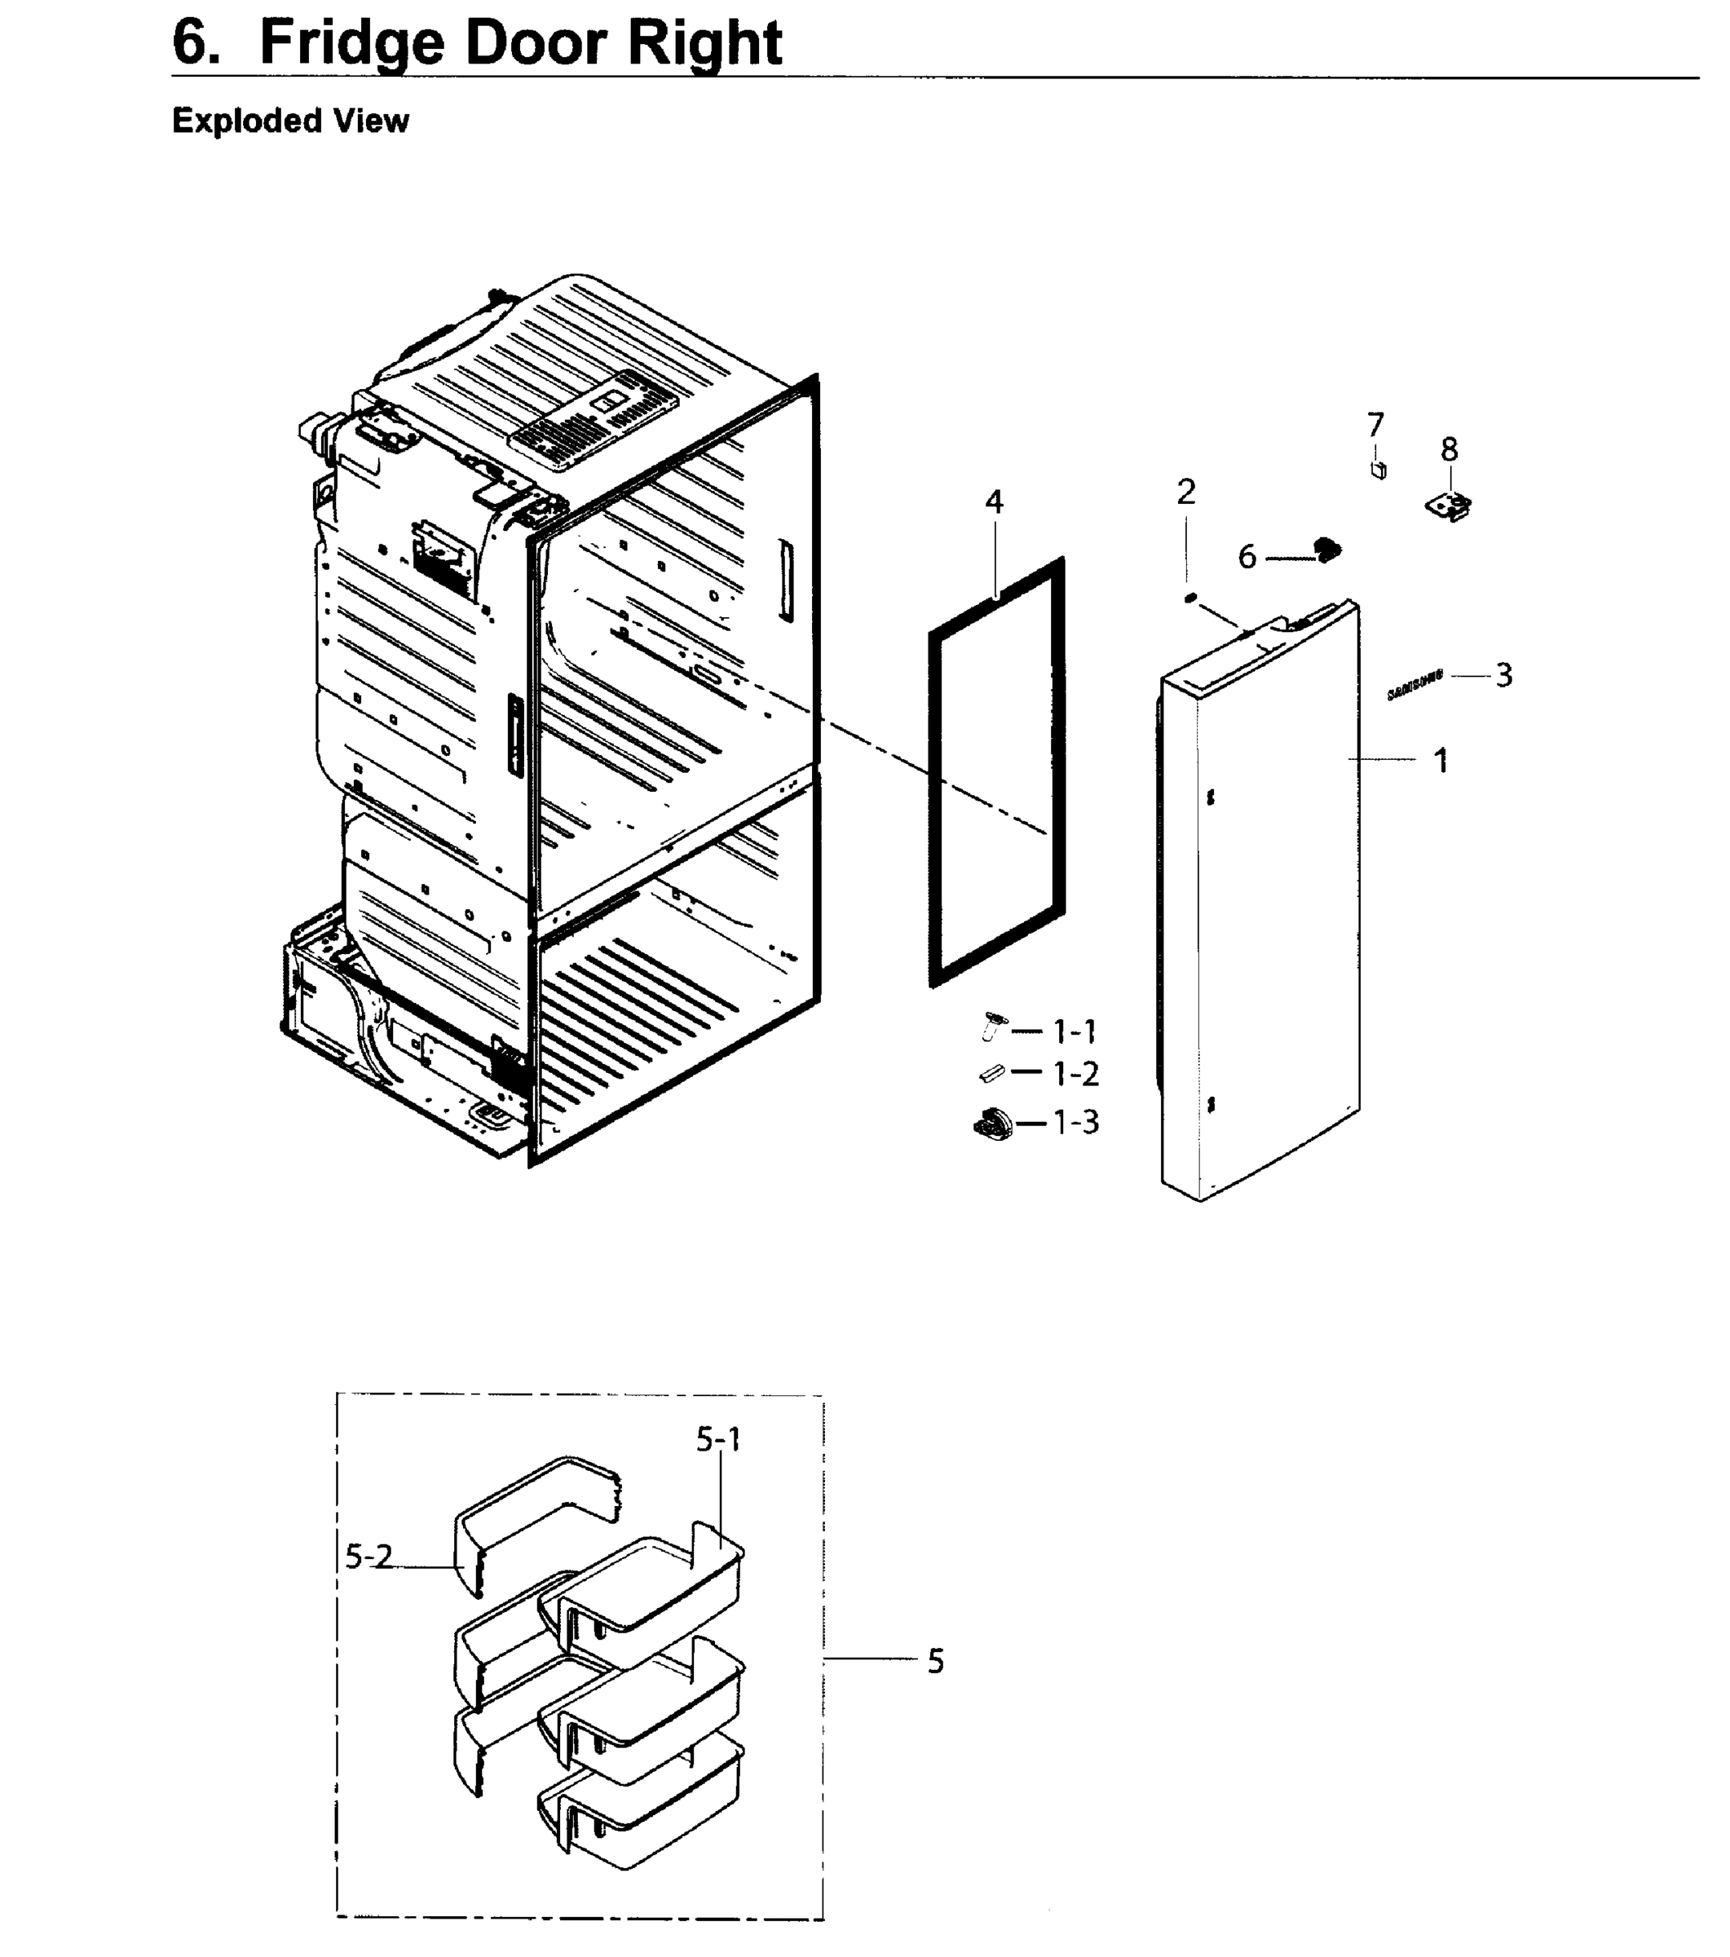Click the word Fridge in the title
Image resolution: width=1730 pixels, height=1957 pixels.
tap(351, 43)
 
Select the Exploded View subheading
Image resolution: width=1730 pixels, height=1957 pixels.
tap(290, 121)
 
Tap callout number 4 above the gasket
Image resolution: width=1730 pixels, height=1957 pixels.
tap(994, 501)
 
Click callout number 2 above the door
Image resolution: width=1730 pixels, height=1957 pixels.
tap(1186, 493)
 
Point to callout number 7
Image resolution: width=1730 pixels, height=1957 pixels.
tap(1375, 424)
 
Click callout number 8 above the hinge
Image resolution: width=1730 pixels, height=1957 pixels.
tap(1450, 449)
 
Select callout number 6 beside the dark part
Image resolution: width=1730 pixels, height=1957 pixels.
tap(1247, 557)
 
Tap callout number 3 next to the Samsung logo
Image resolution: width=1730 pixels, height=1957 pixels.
tap(1504, 676)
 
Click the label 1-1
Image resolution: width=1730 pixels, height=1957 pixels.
tap(1075, 1032)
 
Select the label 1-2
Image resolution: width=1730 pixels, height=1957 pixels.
tap(1075, 1074)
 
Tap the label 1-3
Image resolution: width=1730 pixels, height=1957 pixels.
tap(1075, 1122)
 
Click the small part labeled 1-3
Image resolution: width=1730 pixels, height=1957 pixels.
tap(992, 1123)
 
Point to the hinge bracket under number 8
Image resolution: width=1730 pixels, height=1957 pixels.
tap(1449, 506)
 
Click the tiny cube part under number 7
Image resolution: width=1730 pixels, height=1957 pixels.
tap(1379, 470)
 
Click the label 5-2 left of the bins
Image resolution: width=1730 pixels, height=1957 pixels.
tap(369, 1557)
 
